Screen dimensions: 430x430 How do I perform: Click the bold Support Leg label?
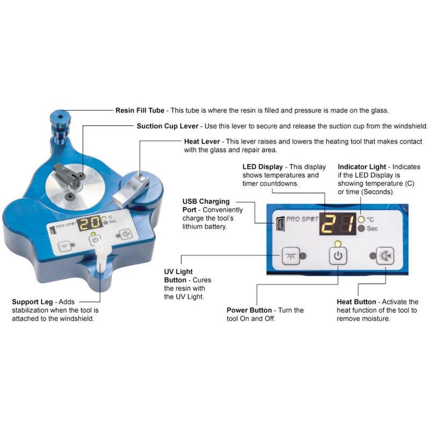(32, 302)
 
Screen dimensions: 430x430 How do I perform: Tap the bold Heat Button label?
(356, 302)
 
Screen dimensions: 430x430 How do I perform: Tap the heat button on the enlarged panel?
(385, 255)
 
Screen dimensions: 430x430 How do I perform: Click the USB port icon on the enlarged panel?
(279, 221)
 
